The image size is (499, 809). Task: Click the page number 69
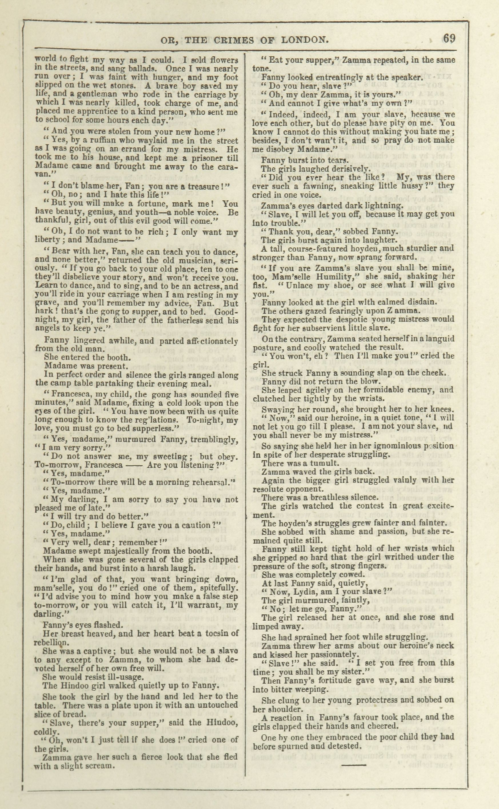coord(449,39)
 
